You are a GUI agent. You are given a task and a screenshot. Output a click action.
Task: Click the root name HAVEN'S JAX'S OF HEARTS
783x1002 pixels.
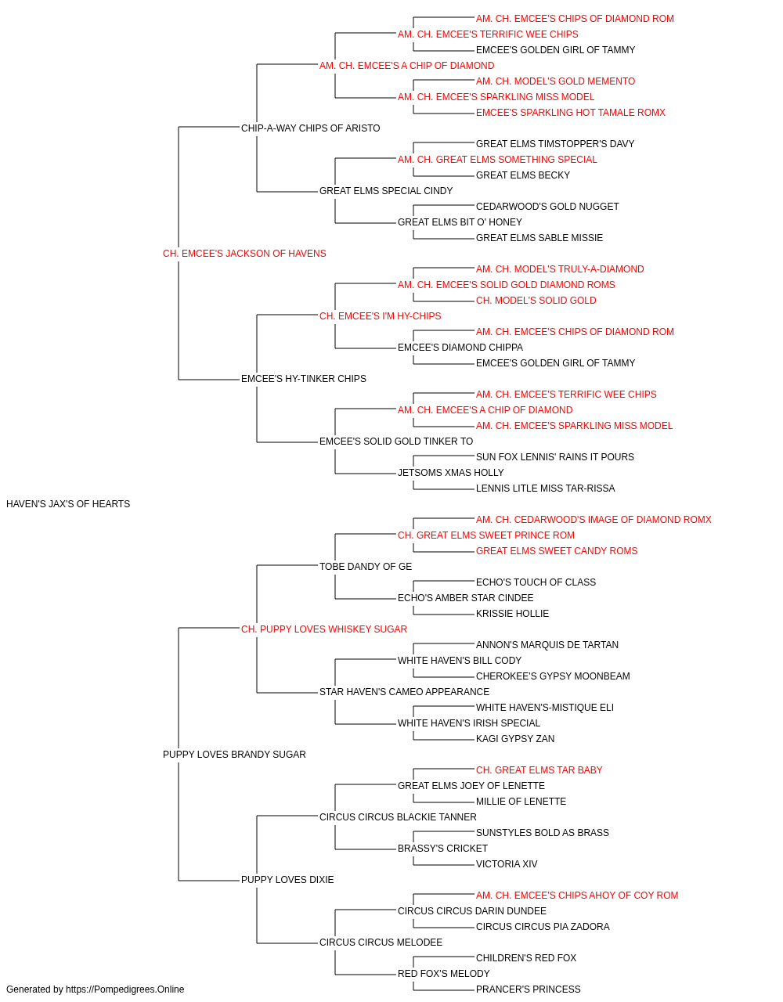(x=68, y=504)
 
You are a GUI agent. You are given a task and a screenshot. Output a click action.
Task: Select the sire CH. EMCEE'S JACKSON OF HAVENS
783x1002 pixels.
(x=244, y=254)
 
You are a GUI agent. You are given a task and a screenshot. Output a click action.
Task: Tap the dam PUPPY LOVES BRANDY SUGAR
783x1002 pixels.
(x=234, y=755)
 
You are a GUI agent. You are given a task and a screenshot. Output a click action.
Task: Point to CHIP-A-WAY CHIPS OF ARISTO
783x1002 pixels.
(x=310, y=128)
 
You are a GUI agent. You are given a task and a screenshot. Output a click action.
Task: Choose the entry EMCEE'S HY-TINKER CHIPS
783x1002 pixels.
(x=304, y=379)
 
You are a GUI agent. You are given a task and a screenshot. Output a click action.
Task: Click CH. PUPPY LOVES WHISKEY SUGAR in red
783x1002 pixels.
(x=323, y=629)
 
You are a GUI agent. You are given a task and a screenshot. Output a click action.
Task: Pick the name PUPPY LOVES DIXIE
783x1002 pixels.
(x=287, y=880)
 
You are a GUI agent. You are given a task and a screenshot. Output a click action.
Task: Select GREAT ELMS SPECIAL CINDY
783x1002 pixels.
(x=386, y=191)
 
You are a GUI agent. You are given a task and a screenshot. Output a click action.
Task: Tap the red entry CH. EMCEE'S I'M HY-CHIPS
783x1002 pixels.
(x=380, y=316)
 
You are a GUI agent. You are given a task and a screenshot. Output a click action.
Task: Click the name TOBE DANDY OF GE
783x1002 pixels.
(x=366, y=567)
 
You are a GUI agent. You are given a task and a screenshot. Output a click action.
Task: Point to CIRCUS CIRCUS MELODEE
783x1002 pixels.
(x=381, y=943)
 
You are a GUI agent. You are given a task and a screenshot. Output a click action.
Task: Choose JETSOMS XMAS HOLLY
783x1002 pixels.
(x=450, y=473)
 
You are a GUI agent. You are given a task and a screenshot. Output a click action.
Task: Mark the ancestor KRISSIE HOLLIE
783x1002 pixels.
(x=512, y=614)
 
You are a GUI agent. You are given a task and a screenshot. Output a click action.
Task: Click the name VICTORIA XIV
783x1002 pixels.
(x=507, y=864)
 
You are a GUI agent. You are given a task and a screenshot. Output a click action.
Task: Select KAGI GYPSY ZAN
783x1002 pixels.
(x=515, y=739)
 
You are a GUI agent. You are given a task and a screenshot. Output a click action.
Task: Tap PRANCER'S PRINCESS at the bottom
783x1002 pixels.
(x=528, y=989)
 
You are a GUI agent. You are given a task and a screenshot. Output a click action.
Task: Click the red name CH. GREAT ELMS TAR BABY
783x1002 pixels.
(x=539, y=770)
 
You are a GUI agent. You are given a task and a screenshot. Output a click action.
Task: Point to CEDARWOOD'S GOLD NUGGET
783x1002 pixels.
(x=547, y=207)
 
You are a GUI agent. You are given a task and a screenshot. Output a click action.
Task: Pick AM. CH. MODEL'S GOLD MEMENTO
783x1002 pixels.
(x=555, y=81)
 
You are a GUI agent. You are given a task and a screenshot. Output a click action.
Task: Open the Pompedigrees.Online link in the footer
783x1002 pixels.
(x=124, y=989)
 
